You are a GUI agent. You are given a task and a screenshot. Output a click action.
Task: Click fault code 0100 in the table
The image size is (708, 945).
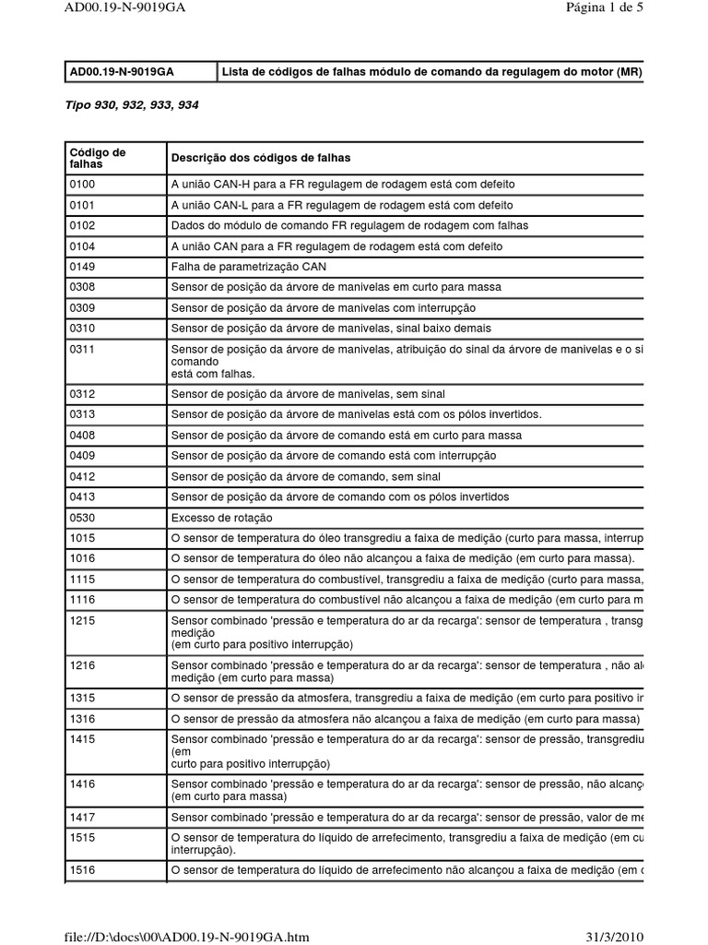[x=82, y=184]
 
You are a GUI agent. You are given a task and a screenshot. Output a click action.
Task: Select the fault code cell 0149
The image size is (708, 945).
[x=82, y=267]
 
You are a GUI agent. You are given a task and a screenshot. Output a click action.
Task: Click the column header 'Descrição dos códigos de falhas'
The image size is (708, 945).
[x=261, y=158]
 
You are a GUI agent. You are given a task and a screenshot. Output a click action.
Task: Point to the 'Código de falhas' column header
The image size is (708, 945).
[x=97, y=158]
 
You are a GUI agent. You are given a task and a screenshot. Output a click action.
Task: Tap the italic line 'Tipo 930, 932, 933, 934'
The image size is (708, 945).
[x=132, y=105]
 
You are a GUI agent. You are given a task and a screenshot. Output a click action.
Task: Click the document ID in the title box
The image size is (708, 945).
[x=123, y=71]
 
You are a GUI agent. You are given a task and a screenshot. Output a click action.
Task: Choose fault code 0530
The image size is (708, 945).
[x=82, y=518]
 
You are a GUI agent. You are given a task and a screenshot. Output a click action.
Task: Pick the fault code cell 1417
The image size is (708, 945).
[x=82, y=817]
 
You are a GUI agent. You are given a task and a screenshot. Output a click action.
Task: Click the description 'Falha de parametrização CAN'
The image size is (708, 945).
[x=249, y=267]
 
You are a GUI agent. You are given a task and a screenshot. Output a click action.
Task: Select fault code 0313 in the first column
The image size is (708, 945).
[x=82, y=413]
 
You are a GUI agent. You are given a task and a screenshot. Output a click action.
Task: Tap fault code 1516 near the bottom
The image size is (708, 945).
[x=82, y=869]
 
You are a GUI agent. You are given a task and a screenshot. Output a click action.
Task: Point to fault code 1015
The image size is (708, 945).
[x=82, y=538]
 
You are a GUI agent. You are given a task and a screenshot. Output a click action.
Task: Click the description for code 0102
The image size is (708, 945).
[x=349, y=225]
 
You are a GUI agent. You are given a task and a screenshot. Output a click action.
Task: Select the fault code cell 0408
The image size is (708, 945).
[x=82, y=435]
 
